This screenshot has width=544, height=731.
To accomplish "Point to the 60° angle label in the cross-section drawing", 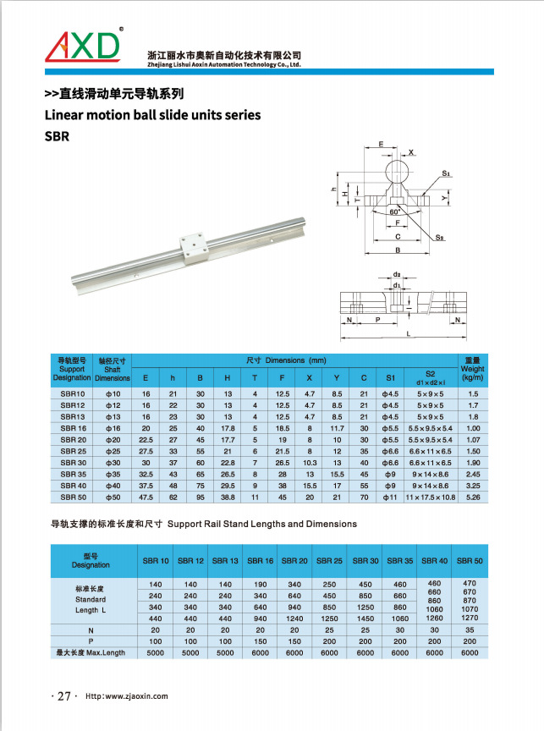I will (396, 212).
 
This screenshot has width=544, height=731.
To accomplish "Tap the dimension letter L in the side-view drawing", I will (409, 335).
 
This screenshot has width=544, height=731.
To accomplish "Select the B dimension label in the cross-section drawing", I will (397, 250).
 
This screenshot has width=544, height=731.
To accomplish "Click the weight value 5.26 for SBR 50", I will (473, 497).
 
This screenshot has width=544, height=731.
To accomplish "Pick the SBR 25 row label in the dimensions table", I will (73, 452).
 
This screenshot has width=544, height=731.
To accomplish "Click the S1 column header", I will (390, 376).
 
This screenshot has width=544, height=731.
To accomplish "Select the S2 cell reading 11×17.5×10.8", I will (431, 497).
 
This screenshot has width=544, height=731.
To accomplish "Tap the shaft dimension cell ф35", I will (113, 475).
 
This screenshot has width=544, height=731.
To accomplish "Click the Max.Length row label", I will (91, 652).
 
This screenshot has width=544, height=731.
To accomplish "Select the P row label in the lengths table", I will (91, 640).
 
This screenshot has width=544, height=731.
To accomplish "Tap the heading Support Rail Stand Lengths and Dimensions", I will (262, 525).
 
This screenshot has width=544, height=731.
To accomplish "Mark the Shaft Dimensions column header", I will (113, 369).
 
